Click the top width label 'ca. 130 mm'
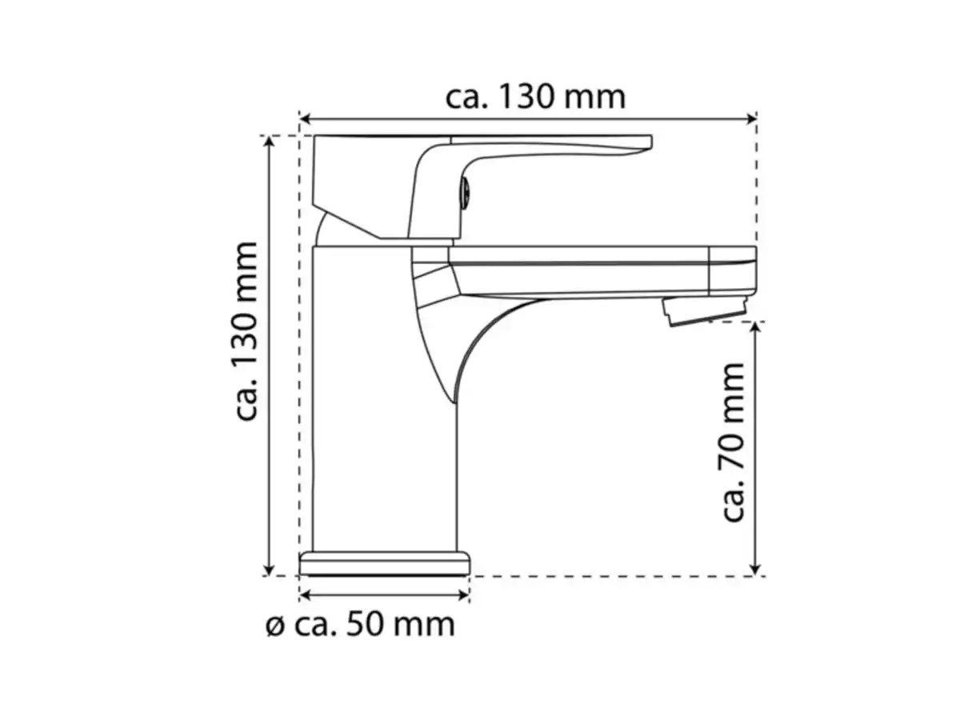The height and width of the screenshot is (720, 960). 535,97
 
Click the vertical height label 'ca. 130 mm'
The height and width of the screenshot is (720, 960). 247,331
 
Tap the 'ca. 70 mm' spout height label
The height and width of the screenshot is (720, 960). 733,442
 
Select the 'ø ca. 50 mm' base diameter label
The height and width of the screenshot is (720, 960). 360,624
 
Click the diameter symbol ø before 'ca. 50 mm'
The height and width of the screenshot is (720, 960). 274,626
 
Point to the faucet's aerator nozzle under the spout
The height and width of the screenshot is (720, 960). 704,310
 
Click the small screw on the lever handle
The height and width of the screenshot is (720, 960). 466,192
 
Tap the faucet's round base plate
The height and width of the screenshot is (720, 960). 384,563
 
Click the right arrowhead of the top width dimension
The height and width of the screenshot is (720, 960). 751,120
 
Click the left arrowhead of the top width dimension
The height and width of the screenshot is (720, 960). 305,120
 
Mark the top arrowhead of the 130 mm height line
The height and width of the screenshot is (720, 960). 270,141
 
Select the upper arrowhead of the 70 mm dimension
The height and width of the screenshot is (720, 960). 756,328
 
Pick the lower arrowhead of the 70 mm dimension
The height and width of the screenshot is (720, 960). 756,570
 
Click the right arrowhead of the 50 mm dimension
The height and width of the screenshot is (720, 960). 463,594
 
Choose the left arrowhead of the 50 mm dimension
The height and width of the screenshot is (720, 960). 305,594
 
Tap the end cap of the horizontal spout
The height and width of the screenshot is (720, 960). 733,270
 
